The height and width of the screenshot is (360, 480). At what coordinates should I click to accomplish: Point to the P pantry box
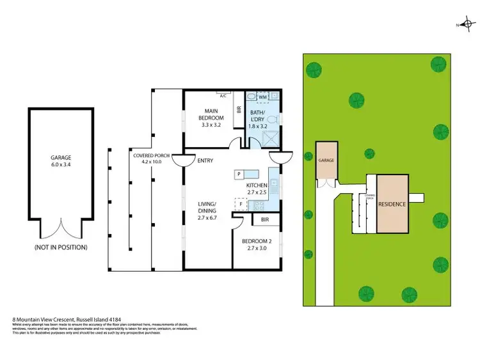tap(238, 173)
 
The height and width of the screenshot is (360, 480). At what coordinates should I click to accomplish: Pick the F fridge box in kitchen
tap(241, 204)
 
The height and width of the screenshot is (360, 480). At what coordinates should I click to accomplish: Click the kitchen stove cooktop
tap(260, 205)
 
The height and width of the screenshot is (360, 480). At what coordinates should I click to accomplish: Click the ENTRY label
tap(205, 160)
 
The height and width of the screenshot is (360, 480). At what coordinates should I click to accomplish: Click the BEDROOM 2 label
tap(255, 242)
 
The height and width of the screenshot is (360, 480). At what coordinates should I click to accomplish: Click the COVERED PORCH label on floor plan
tap(151, 155)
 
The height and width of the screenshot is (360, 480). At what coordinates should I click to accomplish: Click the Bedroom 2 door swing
tap(237, 221)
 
